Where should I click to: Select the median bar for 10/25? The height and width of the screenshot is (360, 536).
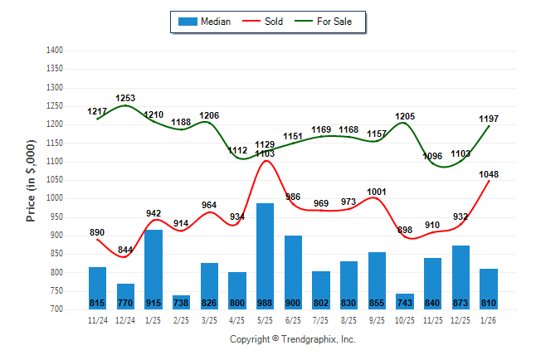pyautogui.click(x=405, y=301)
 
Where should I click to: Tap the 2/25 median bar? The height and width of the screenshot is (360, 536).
pyautogui.click(x=181, y=302)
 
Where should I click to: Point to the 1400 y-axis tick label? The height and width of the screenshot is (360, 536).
pyautogui.click(x=54, y=51)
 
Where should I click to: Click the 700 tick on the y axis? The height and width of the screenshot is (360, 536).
pyautogui.click(x=56, y=309)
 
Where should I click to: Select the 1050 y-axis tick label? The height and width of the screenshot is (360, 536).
pyautogui.click(x=54, y=180)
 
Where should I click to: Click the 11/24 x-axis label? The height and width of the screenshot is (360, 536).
pyautogui.click(x=97, y=319)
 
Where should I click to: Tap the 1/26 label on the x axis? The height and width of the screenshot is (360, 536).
pyautogui.click(x=489, y=319)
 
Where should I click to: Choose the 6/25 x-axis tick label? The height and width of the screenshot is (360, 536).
pyautogui.click(x=293, y=319)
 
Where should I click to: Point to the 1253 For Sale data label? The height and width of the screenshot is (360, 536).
pyautogui.click(x=125, y=98)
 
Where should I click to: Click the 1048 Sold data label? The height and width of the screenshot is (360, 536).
pyautogui.click(x=489, y=174)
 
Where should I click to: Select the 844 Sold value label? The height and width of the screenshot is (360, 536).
pyautogui.click(x=125, y=250)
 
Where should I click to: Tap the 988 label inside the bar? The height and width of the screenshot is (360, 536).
pyautogui.click(x=265, y=303)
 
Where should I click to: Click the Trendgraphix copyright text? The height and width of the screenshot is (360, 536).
pyautogui.click(x=292, y=339)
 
